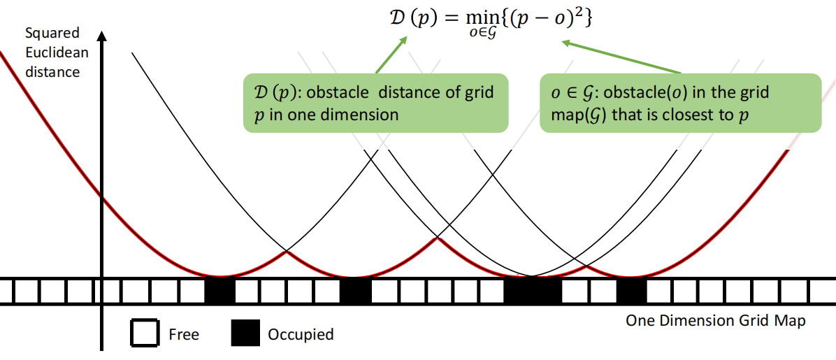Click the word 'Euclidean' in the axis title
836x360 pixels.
(x=52, y=52)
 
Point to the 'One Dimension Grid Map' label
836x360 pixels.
(x=715, y=321)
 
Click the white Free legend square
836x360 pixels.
(x=145, y=333)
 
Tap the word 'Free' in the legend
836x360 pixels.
(x=184, y=335)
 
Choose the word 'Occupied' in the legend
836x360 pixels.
(x=301, y=335)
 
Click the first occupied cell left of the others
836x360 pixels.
(x=219, y=290)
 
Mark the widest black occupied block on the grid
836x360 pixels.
(x=533, y=290)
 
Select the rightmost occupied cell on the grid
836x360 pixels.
(x=631, y=290)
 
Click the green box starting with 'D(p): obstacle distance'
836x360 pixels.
(x=376, y=103)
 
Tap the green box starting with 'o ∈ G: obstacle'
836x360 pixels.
(x=679, y=103)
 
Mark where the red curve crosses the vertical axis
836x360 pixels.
(x=103, y=199)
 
